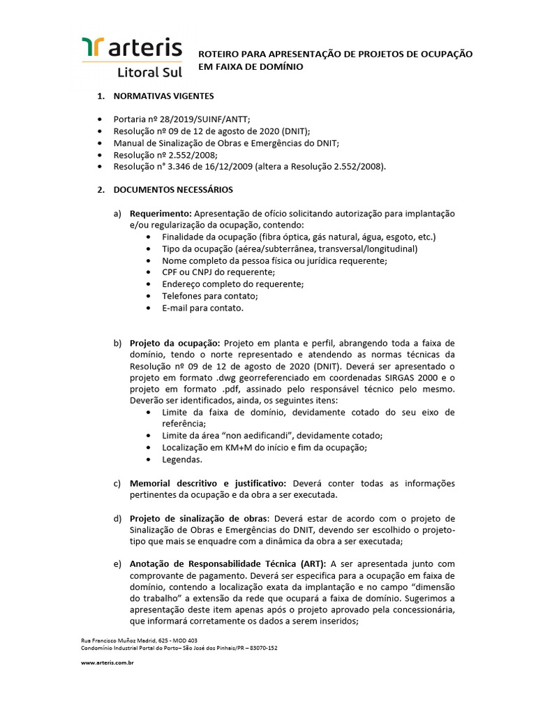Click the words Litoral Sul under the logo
[x=149, y=72]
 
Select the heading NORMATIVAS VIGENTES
[x=164, y=96]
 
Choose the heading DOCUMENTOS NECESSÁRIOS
[x=173, y=190]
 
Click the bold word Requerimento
[x=161, y=213]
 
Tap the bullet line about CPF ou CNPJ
[x=218, y=272]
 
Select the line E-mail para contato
[x=202, y=308]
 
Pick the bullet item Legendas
[x=182, y=459]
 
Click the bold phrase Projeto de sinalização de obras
[x=198, y=519]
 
